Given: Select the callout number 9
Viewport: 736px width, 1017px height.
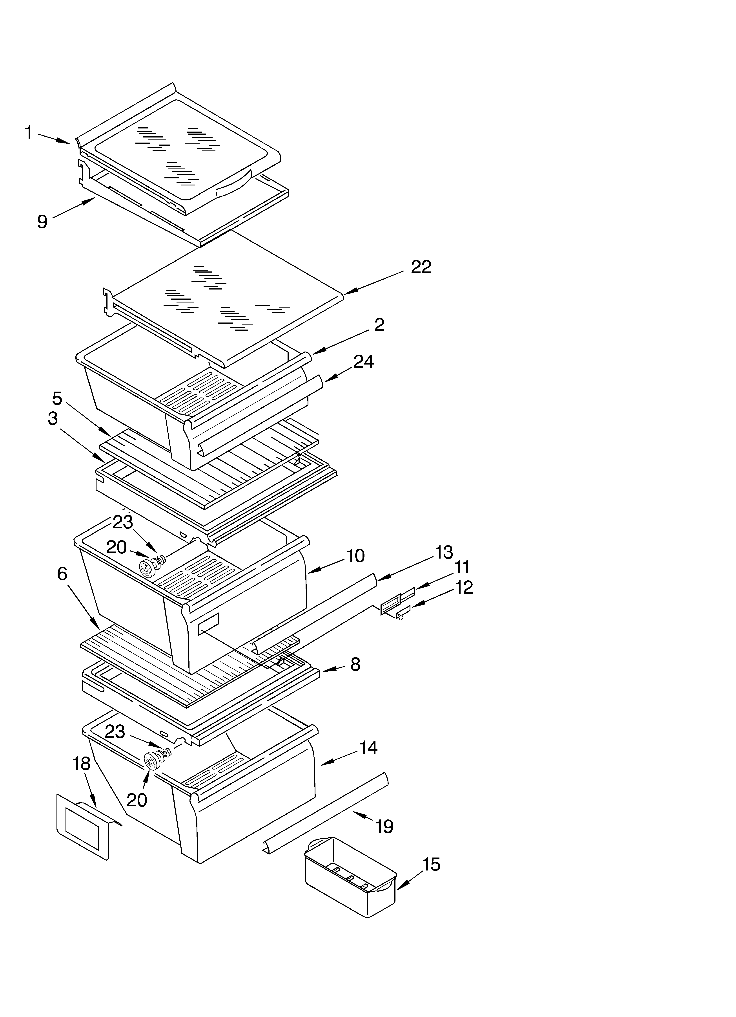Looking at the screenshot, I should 42,222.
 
